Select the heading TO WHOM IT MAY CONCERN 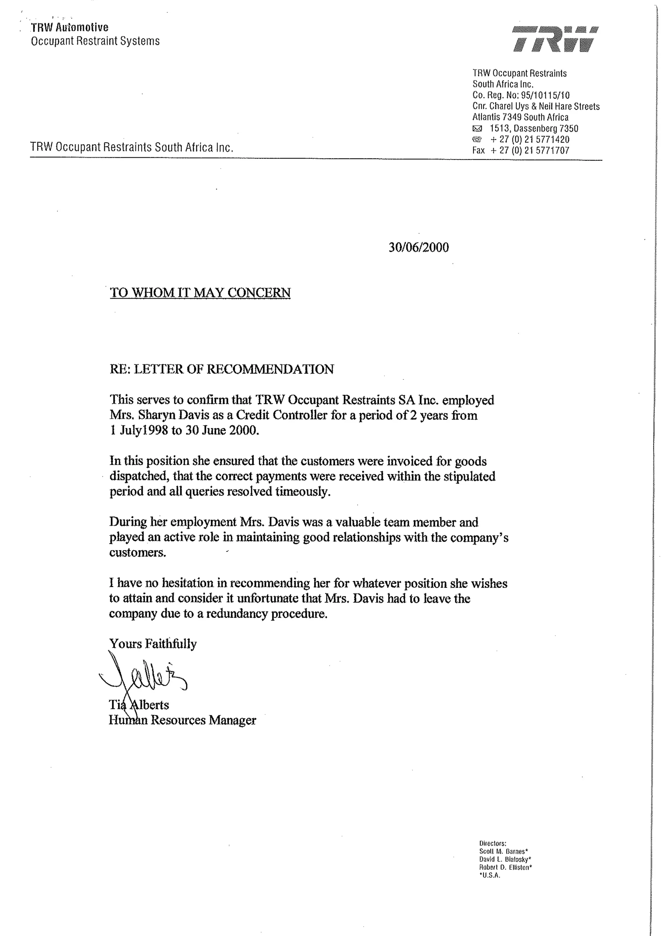click(x=200, y=293)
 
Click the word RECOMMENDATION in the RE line click(x=270, y=369)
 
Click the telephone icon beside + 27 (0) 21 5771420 click(x=477, y=139)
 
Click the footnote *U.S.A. click(x=489, y=875)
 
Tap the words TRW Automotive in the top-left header click(x=70, y=28)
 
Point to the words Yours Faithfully click(x=153, y=644)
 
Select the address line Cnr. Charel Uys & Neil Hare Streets click(x=536, y=106)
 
